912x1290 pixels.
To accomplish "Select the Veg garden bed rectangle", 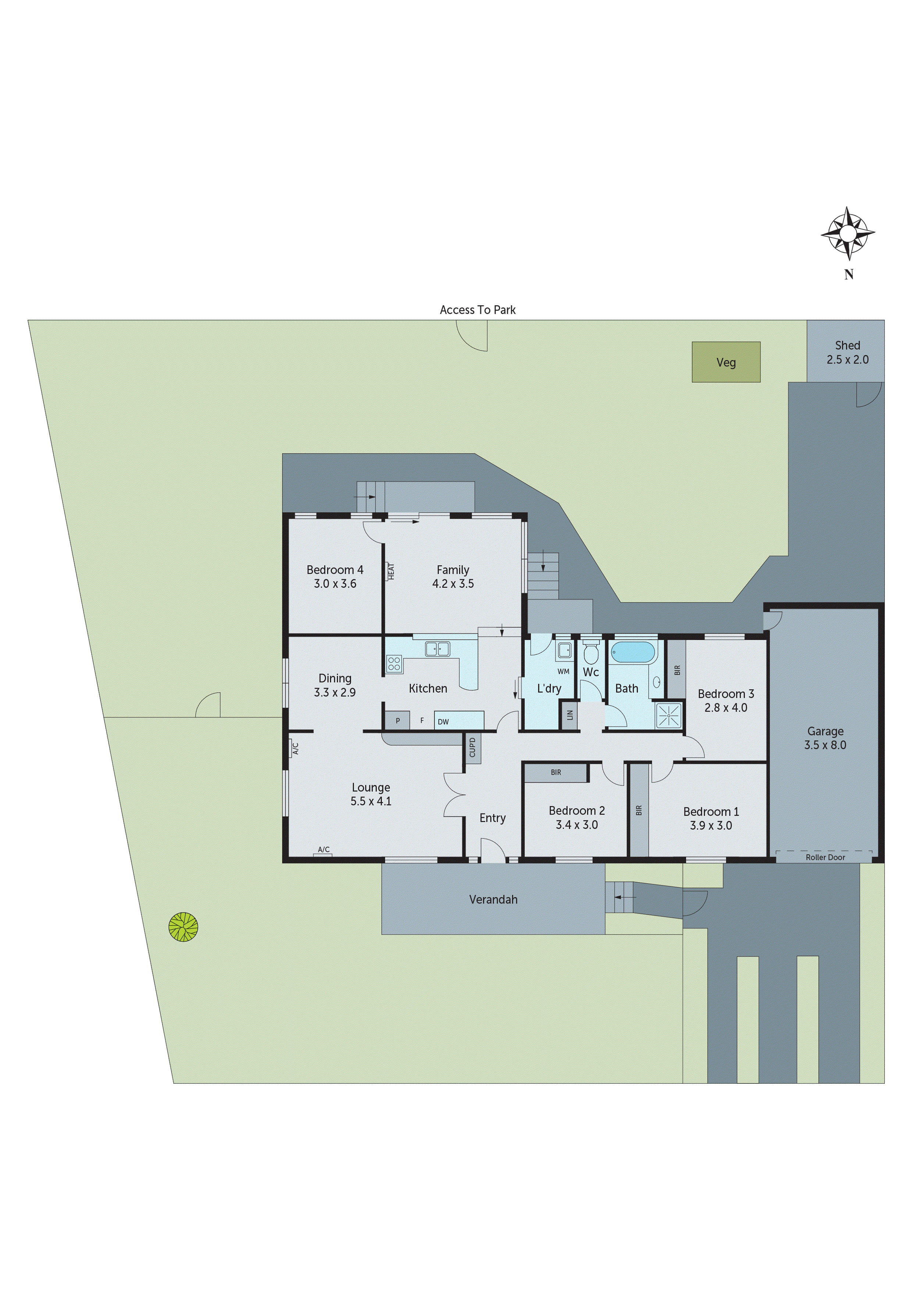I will click(726, 362).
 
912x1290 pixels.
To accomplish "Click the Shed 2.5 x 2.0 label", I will click(847, 352).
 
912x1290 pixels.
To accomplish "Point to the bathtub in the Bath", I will click(633, 653).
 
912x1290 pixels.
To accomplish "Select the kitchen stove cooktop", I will click(394, 664).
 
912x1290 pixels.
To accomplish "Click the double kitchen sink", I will click(437, 649).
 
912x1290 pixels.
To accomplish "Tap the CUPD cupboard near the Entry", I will click(473, 747).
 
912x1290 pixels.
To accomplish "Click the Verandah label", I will click(493, 899).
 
